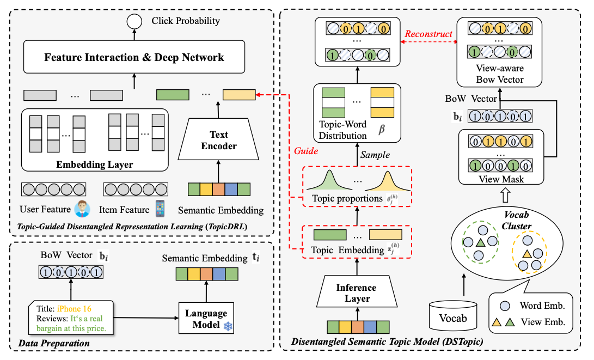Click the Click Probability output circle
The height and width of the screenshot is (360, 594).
pyautogui.click(x=132, y=22)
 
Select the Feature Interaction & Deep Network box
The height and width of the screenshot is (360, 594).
pyautogui.click(x=134, y=57)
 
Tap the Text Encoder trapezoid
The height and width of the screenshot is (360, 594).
pyautogui.click(x=218, y=140)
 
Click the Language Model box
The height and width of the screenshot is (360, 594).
pyautogui.click(x=206, y=319)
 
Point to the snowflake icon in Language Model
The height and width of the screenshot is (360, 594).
pyautogui.click(x=228, y=325)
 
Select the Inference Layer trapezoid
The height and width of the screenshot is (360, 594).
pyautogui.click(x=357, y=293)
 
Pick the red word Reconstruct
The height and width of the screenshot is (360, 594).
pyautogui.click(x=428, y=34)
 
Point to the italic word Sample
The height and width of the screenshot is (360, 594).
pyautogui.click(x=375, y=155)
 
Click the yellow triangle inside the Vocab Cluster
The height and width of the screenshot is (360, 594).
pyautogui.click(x=528, y=254)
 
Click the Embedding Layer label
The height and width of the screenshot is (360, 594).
pyautogui.click(x=95, y=164)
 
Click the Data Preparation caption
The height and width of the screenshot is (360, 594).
pyautogui.click(x=54, y=343)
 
